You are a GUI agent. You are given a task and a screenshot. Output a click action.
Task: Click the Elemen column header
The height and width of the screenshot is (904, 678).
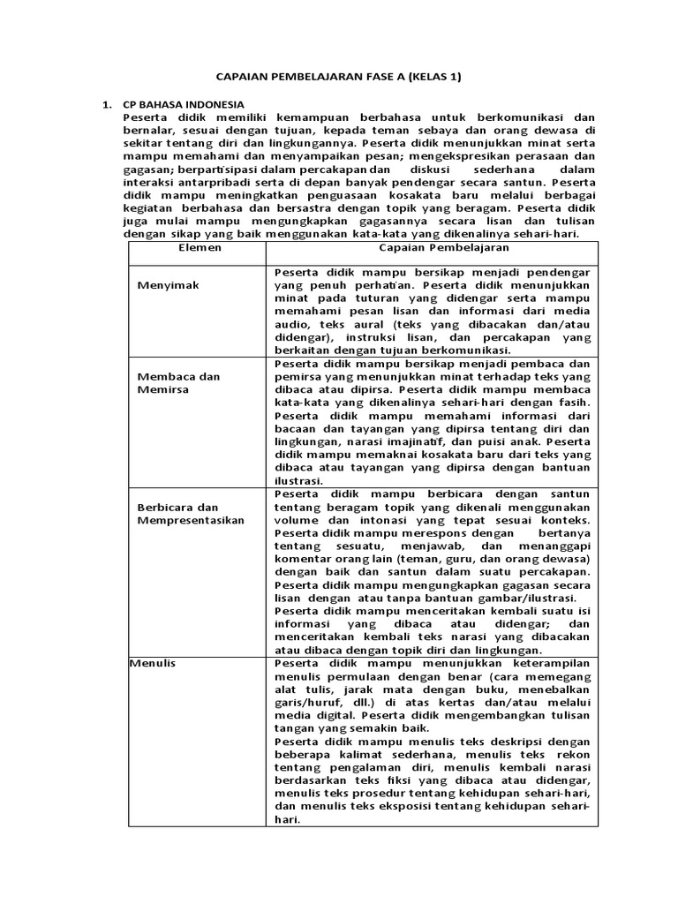tap(196, 249)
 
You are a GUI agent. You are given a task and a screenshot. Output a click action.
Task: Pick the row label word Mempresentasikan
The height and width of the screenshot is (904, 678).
tap(191, 521)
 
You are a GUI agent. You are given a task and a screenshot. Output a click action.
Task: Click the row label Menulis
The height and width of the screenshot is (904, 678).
tap(152, 663)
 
